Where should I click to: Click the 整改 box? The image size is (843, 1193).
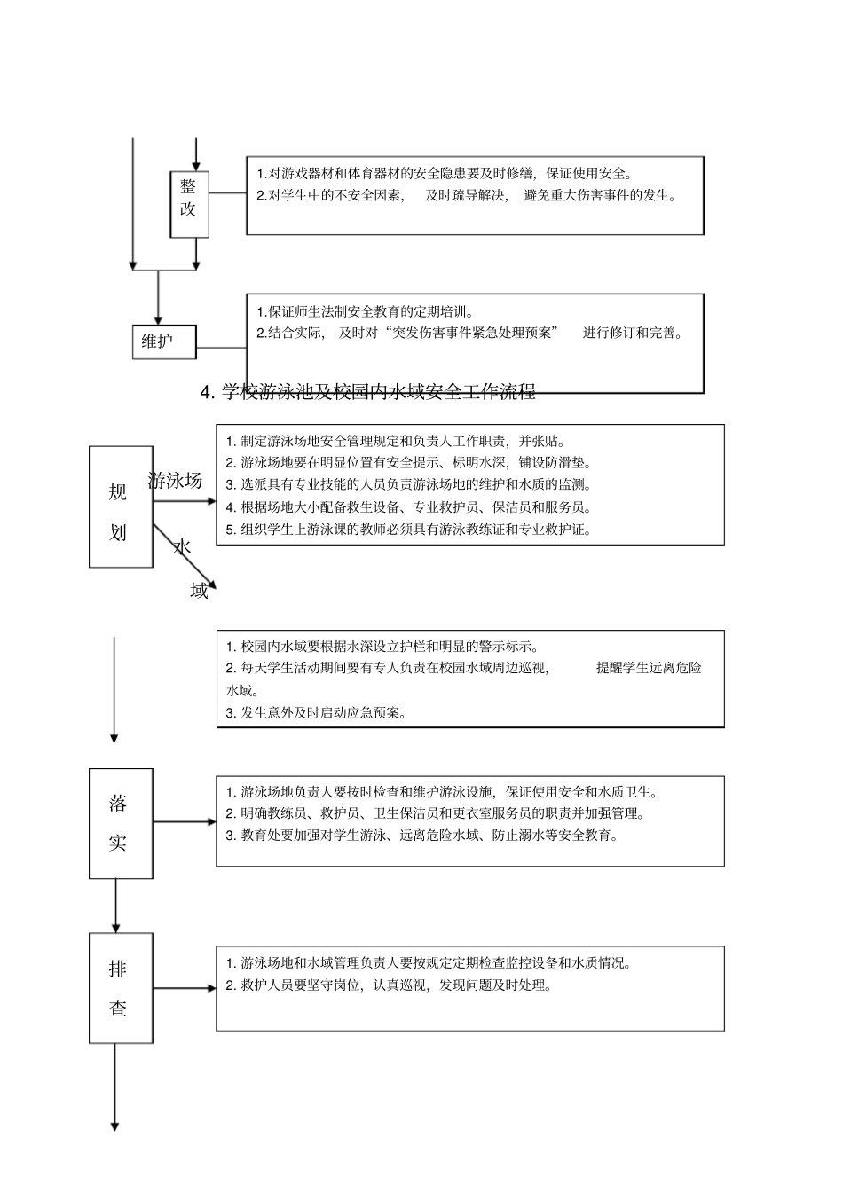point(189,204)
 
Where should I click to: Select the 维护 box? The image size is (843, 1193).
point(164,341)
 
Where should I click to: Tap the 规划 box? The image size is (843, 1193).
point(120,506)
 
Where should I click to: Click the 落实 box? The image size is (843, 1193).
point(120,823)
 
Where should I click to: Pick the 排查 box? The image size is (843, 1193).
point(120,988)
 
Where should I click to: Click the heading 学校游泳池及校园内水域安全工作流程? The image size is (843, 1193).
point(368,391)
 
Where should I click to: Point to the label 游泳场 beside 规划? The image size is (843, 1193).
point(175,481)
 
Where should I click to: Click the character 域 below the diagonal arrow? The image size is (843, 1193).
point(199,591)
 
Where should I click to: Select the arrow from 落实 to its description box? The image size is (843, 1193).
point(185,823)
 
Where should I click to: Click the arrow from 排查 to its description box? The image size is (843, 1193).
point(185,987)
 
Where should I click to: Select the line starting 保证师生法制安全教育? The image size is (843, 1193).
point(365,311)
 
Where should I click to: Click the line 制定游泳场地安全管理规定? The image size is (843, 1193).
point(395,441)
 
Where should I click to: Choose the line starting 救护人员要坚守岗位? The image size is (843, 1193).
point(389,985)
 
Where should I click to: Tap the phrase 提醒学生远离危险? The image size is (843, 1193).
point(648,668)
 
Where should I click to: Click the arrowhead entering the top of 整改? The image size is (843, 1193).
point(196,166)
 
